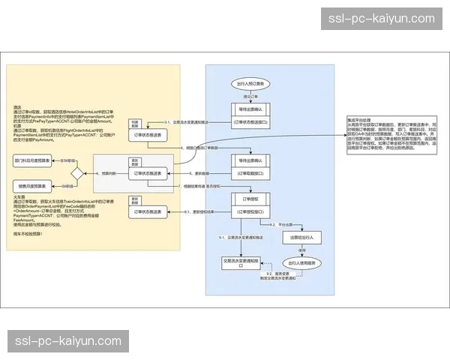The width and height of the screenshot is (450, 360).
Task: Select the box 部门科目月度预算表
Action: (x=32, y=160)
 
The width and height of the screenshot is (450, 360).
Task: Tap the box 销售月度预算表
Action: (x=32, y=185)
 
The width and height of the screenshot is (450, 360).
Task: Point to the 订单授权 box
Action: (x=249, y=199)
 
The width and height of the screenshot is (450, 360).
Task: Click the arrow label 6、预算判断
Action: (x=108, y=173)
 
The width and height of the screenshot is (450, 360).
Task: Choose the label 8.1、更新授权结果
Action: (x=199, y=214)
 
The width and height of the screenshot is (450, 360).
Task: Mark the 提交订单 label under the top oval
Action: (x=249, y=97)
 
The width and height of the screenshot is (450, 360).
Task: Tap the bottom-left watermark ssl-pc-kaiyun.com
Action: (x=68, y=341)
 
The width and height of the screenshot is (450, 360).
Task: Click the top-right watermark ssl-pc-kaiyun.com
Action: (x=382, y=18)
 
